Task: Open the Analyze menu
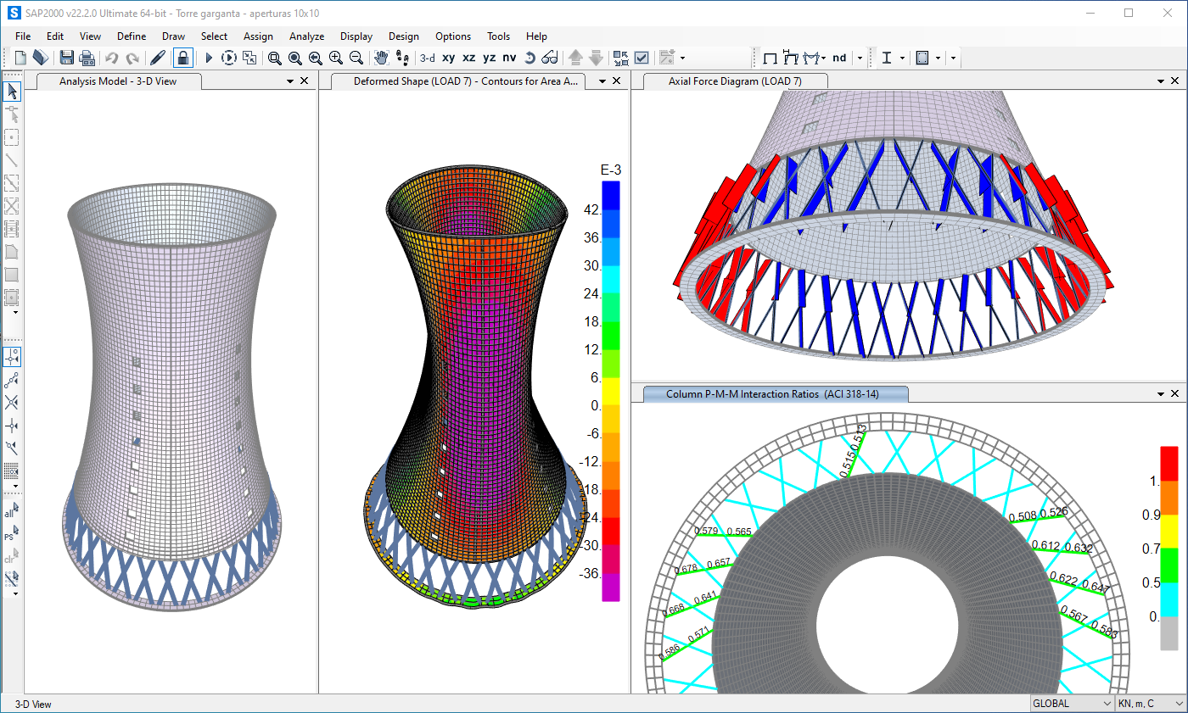point(306,36)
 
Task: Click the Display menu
point(356,36)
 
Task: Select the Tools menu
point(498,36)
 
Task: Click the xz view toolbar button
point(468,58)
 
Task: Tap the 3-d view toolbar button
point(428,58)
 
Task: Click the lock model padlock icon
point(182,58)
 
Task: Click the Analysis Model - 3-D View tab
point(118,81)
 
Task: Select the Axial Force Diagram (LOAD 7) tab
point(734,81)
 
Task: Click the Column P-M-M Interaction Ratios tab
point(775,394)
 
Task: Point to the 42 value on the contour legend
point(592,209)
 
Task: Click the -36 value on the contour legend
point(591,573)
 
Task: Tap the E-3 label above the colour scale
point(610,170)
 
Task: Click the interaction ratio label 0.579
point(706,531)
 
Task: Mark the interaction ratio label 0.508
point(1023,515)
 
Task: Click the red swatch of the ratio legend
point(1169,463)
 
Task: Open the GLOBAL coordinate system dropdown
point(1072,704)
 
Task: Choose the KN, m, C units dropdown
point(1150,704)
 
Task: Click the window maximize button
point(1129,13)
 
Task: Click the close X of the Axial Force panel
point(1175,81)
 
